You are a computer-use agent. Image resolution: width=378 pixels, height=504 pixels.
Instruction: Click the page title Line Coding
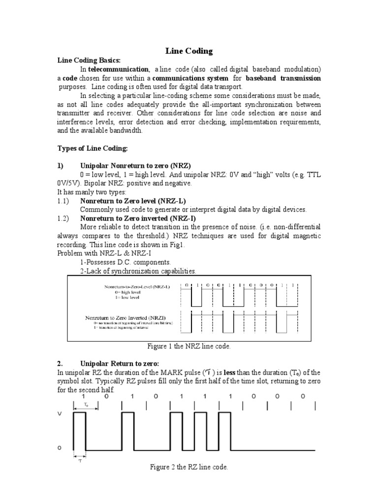click(189, 51)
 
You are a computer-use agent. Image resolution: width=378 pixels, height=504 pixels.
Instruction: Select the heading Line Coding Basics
click(89, 60)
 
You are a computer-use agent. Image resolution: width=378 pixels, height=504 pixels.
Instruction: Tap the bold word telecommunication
click(118, 69)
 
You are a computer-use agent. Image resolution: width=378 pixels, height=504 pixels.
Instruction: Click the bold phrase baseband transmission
click(283, 78)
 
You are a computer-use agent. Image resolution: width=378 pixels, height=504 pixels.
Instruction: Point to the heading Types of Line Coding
click(93, 148)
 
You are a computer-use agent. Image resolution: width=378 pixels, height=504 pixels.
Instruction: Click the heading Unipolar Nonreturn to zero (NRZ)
click(132, 166)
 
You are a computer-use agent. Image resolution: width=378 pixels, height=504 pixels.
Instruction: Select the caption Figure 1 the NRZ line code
click(189, 346)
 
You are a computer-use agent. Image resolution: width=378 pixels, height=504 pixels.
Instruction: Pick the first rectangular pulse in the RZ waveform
click(79, 431)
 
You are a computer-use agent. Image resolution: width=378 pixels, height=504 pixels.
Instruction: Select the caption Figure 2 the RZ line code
click(189, 467)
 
